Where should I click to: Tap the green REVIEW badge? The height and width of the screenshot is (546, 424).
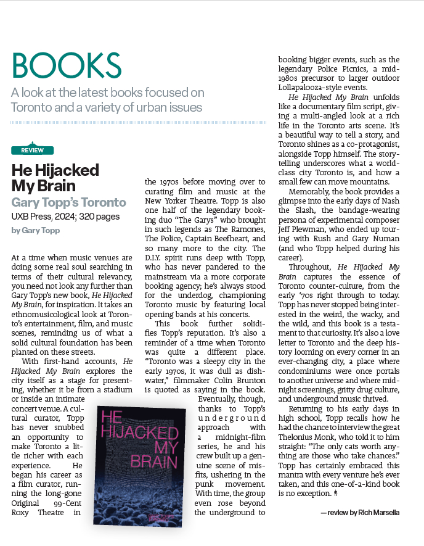(32, 150)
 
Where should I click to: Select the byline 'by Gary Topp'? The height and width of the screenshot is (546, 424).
(33, 230)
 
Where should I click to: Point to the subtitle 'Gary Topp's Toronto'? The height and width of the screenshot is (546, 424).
(68, 202)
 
